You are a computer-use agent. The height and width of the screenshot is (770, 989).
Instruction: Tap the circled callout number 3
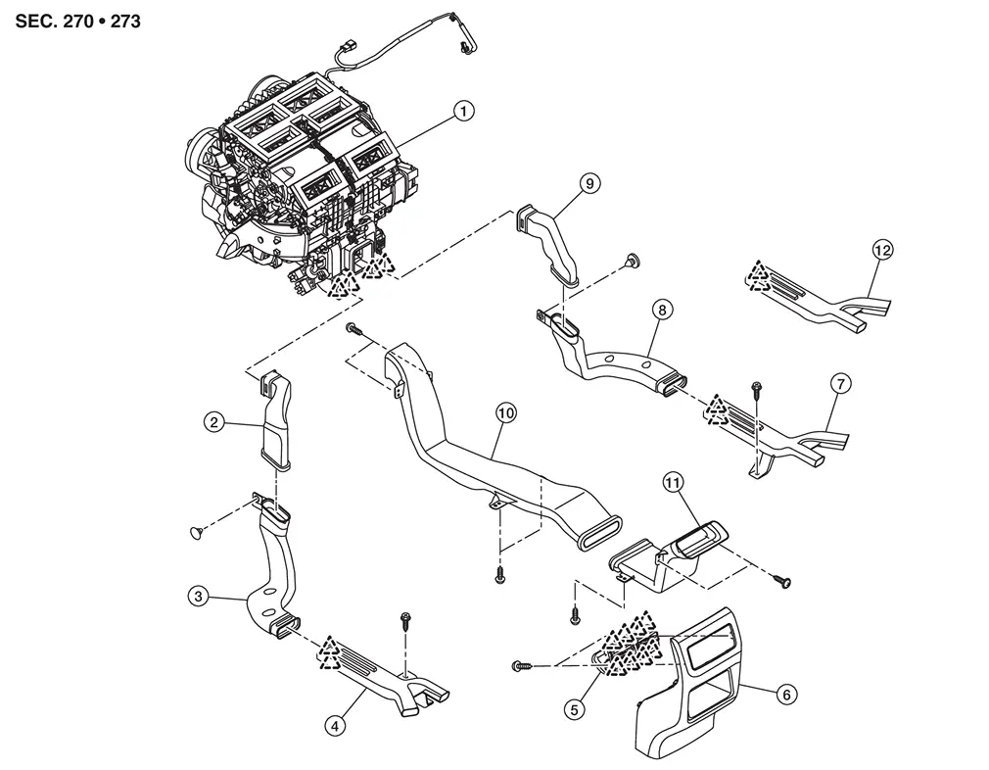[x=199, y=595]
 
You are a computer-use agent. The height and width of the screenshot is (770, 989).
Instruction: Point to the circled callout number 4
[x=336, y=726]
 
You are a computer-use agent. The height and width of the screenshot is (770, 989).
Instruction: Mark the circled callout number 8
[x=663, y=311]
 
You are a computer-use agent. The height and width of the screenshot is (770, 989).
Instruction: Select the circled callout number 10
[x=505, y=413]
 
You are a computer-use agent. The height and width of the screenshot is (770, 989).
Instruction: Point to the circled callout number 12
[x=881, y=251]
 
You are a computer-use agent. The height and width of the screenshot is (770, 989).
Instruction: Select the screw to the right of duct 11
[x=782, y=581]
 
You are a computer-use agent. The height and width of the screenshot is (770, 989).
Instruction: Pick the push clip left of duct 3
[x=195, y=531]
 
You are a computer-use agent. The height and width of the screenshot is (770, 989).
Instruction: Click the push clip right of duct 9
[x=634, y=259]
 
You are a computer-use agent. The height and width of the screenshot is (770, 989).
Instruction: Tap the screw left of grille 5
[x=521, y=666]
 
